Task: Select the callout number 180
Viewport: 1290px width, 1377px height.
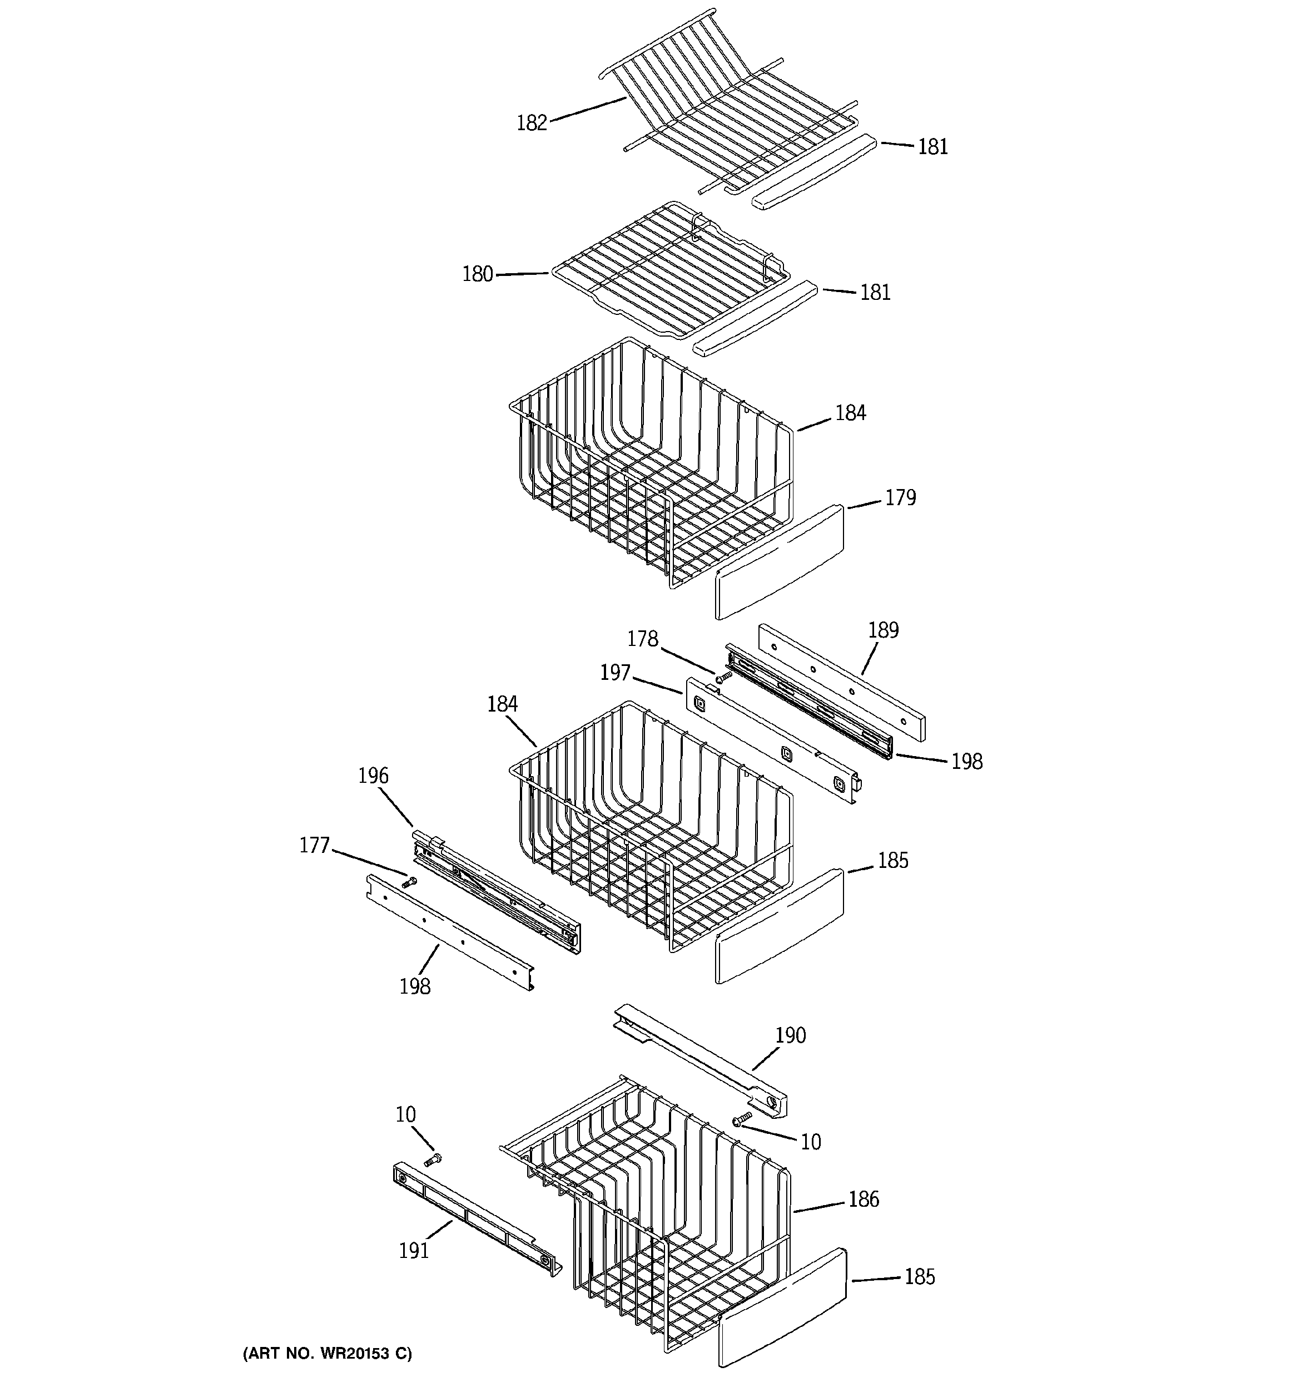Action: (x=477, y=274)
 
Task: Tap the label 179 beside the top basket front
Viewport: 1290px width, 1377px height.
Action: (x=900, y=497)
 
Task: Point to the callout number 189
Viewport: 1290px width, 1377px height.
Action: (x=883, y=630)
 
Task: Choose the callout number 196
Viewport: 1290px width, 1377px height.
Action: (x=373, y=775)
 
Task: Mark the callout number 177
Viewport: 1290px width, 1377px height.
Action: (x=314, y=845)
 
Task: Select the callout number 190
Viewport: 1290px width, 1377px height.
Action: (x=790, y=1035)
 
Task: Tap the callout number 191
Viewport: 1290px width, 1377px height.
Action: (x=413, y=1250)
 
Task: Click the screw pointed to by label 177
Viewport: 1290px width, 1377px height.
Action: (x=409, y=882)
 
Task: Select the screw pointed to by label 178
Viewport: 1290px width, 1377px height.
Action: (x=723, y=677)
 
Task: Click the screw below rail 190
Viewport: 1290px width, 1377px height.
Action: (x=742, y=1118)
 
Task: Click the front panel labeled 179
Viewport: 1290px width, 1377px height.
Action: (x=779, y=562)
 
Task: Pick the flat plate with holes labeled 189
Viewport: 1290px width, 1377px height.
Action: (x=841, y=682)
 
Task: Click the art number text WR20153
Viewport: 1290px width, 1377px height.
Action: (x=327, y=1353)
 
